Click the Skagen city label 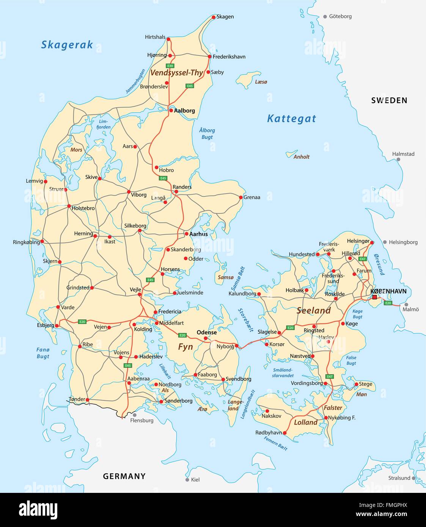(225, 17)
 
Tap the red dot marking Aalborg (171, 111)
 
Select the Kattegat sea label (291, 119)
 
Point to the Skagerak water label (67, 45)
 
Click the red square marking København (375, 298)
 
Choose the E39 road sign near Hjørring (170, 66)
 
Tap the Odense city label (207, 333)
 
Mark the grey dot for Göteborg (325, 17)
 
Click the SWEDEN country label (389, 100)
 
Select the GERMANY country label (124, 476)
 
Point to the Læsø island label (261, 82)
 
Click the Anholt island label (302, 157)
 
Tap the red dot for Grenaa (241, 197)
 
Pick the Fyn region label (185, 347)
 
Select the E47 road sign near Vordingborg (330, 376)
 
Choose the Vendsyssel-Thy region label (176, 73)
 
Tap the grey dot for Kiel (187, 480)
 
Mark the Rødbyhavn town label (269, 433)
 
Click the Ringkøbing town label (26, 242)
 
